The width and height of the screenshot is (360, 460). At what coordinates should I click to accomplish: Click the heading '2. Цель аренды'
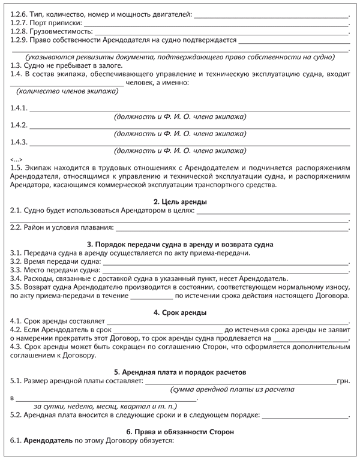pyautogui.click(x=180, y=202)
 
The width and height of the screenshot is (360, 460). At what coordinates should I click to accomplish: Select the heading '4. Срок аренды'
pyautogui.click(x=180, y=312)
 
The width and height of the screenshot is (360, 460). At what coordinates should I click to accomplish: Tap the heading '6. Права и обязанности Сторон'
pyautogui.click(x=180, y=431)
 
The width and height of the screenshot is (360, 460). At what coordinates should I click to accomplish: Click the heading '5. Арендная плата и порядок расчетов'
pyautogui.click(x=180, y=372)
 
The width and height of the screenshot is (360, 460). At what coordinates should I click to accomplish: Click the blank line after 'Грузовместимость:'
pyautogui.click(x=222, y=31)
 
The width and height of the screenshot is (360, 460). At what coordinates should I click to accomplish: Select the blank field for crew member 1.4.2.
pyautogui.click(x=190, y=127)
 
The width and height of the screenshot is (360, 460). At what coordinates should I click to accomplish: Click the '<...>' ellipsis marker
pyautogui.click(x=17, y=159)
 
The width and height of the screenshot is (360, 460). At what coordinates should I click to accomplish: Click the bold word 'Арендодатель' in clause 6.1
pyautogui.click(x=47, y=441)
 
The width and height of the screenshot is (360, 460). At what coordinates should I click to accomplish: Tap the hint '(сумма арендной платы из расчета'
pyautogui.click(x=232, y=389)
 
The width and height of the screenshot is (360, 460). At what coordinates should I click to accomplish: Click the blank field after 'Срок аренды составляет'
pyautogui.click(x=227, y=322)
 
